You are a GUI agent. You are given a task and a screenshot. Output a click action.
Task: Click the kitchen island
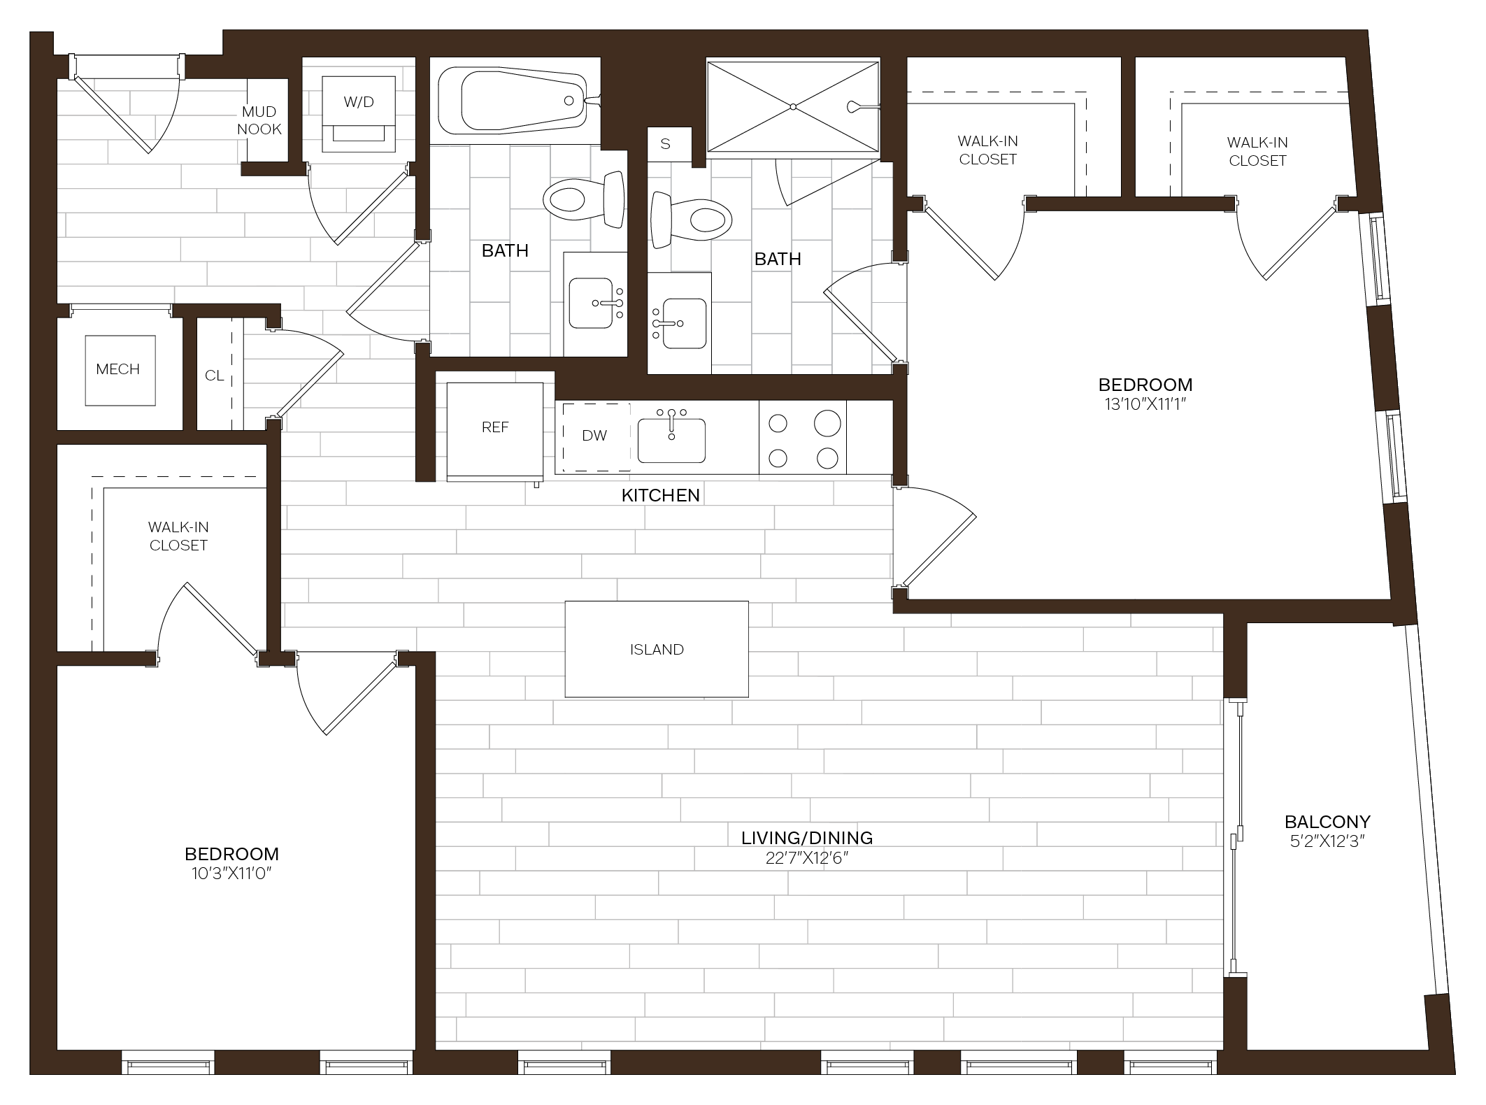pos(656,649)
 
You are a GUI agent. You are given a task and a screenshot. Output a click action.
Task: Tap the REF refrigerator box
pos(495,431)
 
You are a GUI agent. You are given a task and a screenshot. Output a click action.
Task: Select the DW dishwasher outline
pos(596,436)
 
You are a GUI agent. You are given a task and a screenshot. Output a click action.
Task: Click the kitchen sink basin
pos(671,441)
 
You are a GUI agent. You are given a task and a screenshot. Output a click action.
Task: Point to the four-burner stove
pos(803,438)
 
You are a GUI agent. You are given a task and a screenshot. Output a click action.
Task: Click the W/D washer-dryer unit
pos(359,114)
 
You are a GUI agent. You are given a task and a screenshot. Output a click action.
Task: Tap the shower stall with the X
pos(793,106)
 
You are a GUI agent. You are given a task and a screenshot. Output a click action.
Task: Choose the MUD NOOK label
pos(259,120)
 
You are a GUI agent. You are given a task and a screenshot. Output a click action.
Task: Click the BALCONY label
pos(1327,821)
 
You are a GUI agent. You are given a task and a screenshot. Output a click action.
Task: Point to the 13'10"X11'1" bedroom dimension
pos(1145,404)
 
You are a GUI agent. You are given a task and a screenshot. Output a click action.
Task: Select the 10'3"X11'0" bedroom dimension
pos(231,873)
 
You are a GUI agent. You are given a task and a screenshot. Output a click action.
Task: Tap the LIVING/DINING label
pos(807,837)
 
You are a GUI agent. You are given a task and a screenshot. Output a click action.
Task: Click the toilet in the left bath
pos(584,199)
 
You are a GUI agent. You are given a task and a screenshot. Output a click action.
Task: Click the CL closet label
pos(215,376)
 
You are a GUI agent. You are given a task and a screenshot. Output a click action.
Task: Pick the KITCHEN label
pos(661,495)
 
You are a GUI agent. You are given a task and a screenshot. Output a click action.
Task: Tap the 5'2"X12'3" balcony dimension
pos(1327,841)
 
